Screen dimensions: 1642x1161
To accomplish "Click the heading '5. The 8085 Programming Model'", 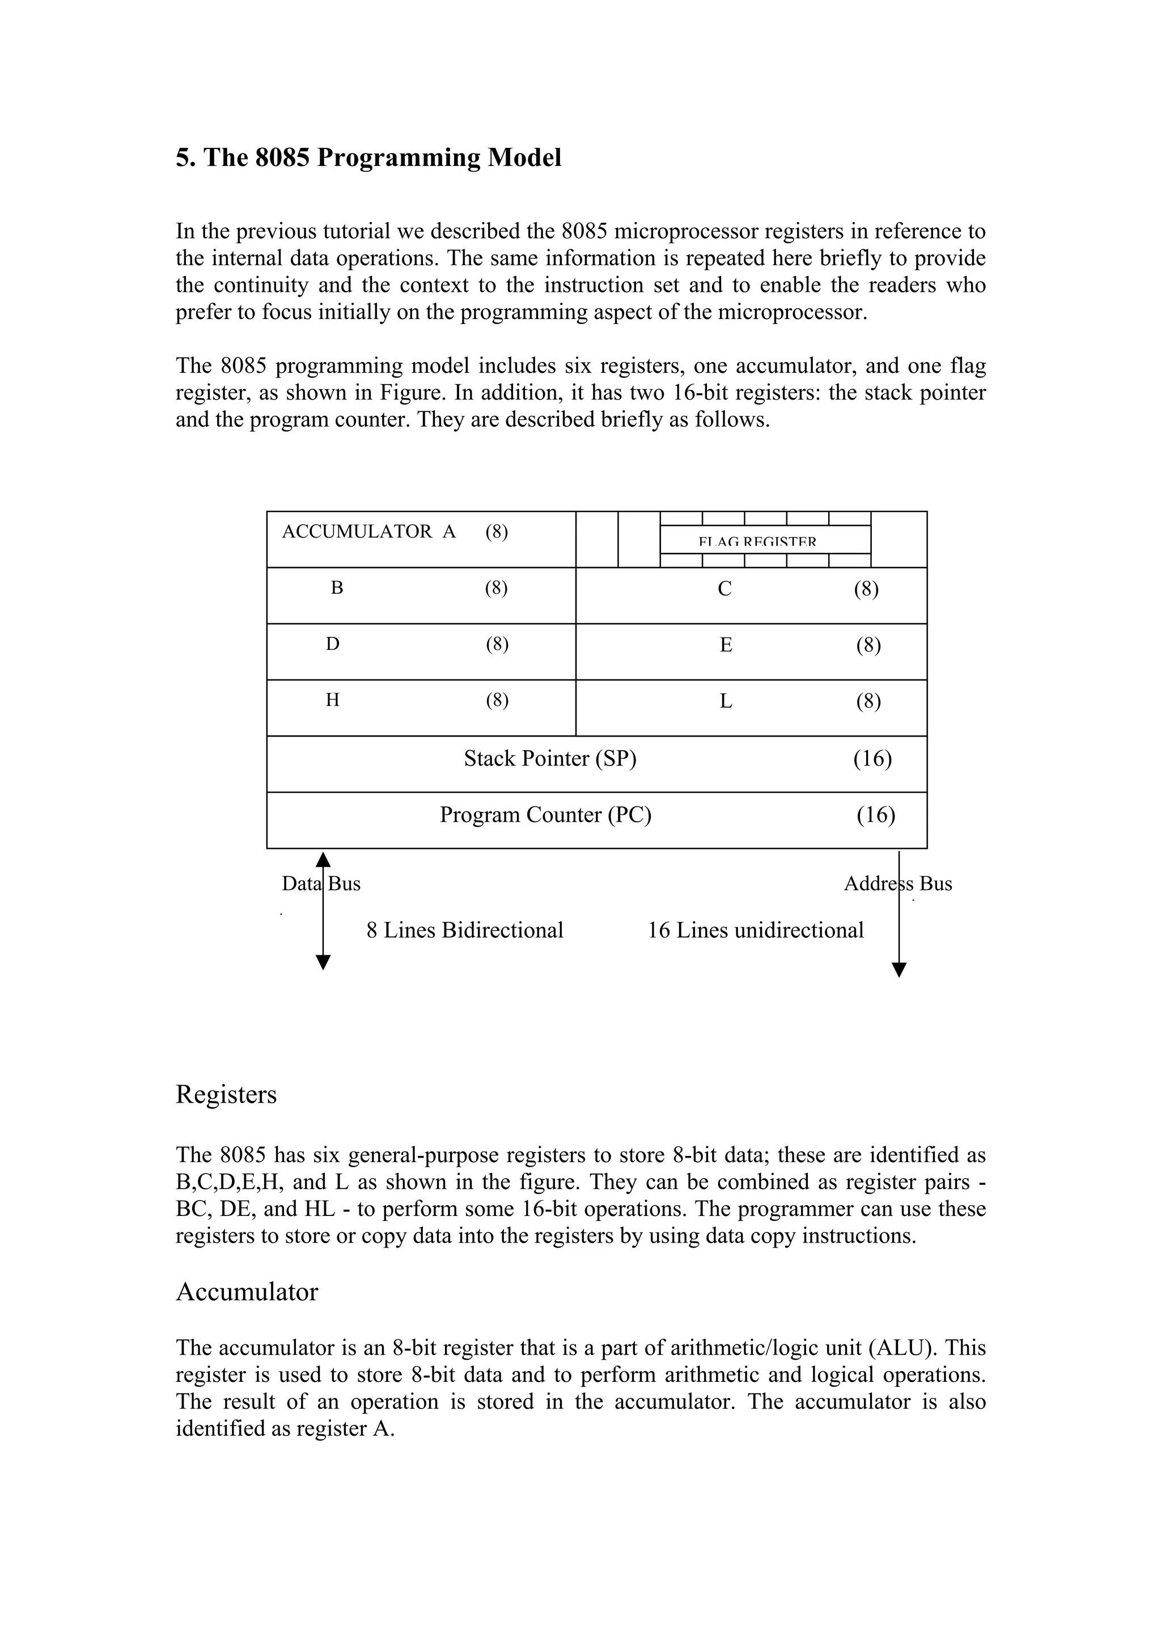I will [x=368, y=158].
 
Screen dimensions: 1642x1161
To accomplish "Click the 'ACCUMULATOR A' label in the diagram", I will [x=368, y=531].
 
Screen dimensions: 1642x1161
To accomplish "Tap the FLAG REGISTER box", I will [x=764, y=540].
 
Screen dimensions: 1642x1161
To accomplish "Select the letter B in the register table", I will [x=337, y=588].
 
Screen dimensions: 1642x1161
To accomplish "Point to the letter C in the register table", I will [x=724, y=589].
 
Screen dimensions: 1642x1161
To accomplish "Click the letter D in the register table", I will [x=333, y=644].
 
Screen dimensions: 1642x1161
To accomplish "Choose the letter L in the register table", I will [x=726, y=701].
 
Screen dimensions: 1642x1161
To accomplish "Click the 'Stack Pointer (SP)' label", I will [x=549, y=758].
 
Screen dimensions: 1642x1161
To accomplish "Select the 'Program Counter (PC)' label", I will [x=545, y=815].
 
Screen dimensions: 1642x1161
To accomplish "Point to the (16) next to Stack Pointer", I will [x=872, y=758].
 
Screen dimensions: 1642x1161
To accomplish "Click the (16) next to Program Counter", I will [x=876, y=815].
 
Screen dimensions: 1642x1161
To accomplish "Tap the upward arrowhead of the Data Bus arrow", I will [x=323, y=860].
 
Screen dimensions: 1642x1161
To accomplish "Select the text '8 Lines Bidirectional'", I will [x=465, y=930].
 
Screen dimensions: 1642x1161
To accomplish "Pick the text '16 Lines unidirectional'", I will [x=756, y=930].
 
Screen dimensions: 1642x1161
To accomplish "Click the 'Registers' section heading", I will [x=226, y=1095].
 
